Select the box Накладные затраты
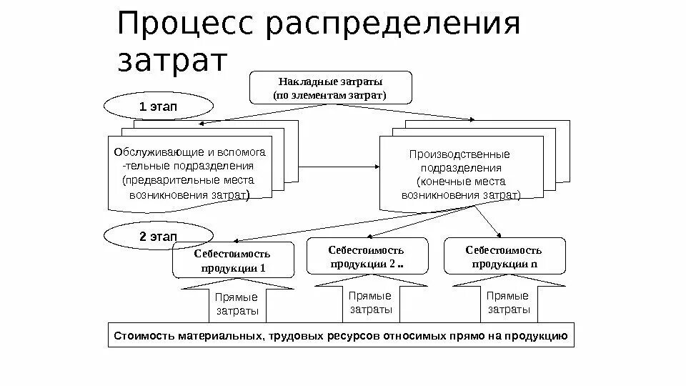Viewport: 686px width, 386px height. click(330, 86)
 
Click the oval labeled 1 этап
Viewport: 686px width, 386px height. click(159, 107)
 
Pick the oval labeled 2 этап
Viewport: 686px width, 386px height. click(159, 235)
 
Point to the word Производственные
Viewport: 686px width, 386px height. click(459, 154)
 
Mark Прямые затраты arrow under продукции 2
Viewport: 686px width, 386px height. click(369, 302)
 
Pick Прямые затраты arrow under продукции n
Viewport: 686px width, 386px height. click(508, 302)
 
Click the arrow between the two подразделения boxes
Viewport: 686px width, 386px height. click(336, 167)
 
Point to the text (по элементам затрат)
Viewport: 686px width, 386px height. click(330, 94)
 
